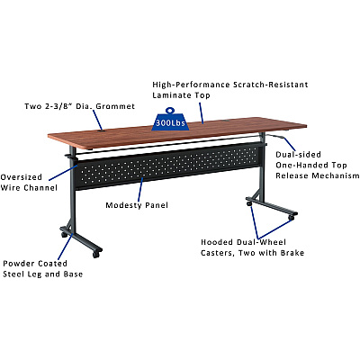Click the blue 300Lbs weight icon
click(x=170, y=120)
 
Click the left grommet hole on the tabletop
click(x=101, y=130)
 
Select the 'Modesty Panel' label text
click(x=137, y=205)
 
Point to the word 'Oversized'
click(x=22, y=177)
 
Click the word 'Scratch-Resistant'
click(x=271, y=85)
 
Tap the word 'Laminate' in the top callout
click(x=171, y=95)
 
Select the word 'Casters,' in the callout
click(x=218, y=253)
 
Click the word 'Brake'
click(x=292, y=253)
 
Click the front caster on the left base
click(x=96, y=255)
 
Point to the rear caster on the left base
click(x=65, y=234)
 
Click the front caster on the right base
click(x=292, y=218)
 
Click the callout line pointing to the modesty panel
click(x=140, y=189)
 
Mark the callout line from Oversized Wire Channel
click(x=63, y=173)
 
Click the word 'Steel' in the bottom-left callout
click(x=13, y=274)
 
